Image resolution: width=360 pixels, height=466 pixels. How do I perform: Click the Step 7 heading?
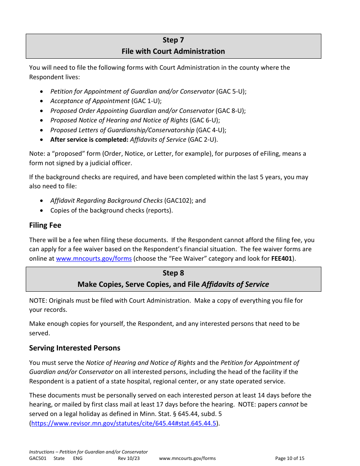pos(173,40)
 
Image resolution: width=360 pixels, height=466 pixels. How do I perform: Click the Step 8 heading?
pos(173,273)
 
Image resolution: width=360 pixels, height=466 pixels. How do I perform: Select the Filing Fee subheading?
pos(45,225)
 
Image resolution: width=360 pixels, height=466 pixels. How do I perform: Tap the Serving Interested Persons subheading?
pos(75,348)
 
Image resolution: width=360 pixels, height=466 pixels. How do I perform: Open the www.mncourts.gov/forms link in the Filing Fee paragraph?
pos(94,259)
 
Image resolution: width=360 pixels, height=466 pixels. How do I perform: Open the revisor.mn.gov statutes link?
pos(124,424)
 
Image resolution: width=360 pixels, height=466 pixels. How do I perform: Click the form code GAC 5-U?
pos(231,91)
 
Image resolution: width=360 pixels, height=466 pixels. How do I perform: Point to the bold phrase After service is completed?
pos(89,139)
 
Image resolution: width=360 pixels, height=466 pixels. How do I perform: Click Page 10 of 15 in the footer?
pos(290,458)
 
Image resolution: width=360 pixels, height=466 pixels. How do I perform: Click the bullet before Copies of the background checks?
pos(41,211)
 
